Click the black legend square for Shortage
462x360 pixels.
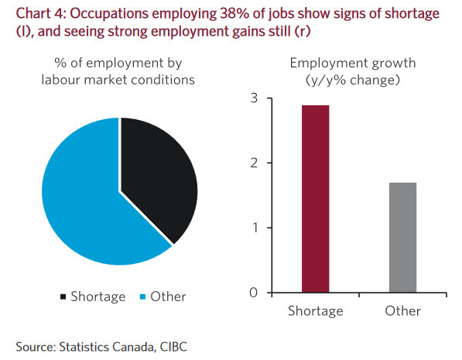click(63, 297)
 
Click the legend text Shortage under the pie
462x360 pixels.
click(98, 297)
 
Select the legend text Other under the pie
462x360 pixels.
click(169, 297)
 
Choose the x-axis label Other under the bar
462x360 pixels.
click(402, 310)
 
